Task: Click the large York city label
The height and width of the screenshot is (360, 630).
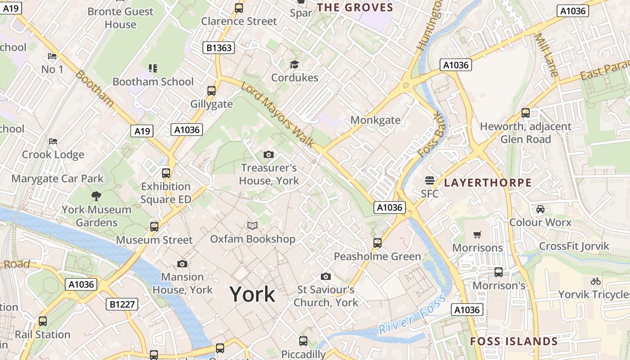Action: click(x=252, y=294)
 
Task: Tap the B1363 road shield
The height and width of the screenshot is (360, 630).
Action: click(x=219, y=47)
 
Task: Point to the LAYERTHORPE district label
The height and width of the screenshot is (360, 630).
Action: click(x=488, y=183)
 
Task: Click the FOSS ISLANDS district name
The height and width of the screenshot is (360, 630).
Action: click(x=514, y=341)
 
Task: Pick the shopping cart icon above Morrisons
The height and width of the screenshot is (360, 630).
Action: click(x=477, y=234)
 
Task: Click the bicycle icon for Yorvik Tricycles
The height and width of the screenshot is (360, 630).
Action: click(x=596, y=281)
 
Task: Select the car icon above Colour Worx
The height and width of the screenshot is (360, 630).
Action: click(x=540, y=209)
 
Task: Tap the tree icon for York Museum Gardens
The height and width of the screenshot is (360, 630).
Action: click(x=96, y=196)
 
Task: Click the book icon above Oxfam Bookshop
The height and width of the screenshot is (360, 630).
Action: click(x=252, y=225)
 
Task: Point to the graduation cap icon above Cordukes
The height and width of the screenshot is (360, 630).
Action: click(x=294, y=65)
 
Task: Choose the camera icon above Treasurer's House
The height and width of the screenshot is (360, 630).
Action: click(x=269, y=155)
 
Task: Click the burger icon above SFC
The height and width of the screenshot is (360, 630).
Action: click(x=430, y=180)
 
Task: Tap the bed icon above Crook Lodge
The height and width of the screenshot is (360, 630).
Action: click(x=53, y=141)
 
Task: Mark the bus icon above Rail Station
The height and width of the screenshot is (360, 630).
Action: click(x=43, y=321)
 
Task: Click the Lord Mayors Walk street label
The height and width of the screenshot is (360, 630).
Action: click(x=278, y=115)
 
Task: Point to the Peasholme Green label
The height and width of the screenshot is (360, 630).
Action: click(x=377, y=256)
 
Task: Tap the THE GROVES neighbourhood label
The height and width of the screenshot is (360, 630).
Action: click(x=355, y=7)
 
